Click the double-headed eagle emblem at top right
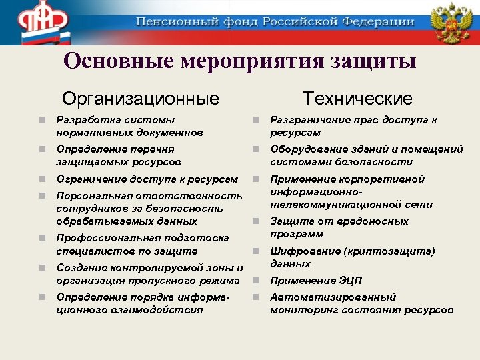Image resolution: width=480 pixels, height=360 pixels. (451, 22)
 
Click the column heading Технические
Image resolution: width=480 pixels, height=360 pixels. (357, 99)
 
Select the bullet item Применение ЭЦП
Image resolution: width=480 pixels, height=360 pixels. (315, 281)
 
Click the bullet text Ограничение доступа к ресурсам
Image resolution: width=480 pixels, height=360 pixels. (147, 179)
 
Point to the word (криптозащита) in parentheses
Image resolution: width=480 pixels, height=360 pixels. (393, 251)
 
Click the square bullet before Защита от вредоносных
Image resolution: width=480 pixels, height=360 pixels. (255, 221)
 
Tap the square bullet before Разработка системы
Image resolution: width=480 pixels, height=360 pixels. (42, 120)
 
